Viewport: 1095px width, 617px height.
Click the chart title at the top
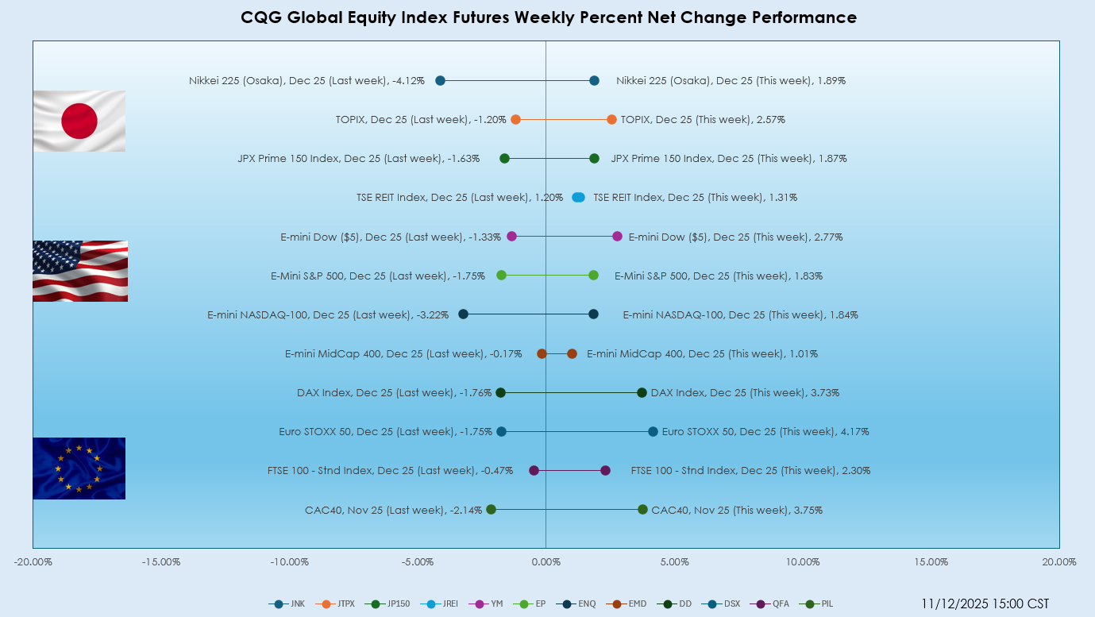[549, 17]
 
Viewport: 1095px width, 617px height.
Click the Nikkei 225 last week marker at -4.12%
[440, 80]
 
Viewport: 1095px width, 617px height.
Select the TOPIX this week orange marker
[611, 119]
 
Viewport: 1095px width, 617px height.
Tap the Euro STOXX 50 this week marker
[653, 431]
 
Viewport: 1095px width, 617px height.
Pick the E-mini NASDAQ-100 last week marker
[463, 314]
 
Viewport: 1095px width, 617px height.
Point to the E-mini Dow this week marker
[617, 236]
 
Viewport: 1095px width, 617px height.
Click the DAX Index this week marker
[642, 392]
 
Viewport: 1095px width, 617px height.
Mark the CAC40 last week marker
[491, 509]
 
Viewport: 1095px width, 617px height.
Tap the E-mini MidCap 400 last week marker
[542, 353]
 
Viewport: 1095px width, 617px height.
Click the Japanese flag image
[79, 121]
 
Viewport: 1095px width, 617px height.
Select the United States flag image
[79, 271]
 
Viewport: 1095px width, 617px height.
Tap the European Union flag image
[79, 469]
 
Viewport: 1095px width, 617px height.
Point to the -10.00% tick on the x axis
[289, 562]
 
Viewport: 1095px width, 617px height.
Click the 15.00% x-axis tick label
[931, 562]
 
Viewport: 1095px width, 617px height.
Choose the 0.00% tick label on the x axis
[546, 562]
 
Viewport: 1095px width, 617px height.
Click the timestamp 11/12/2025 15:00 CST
[985, 604]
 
